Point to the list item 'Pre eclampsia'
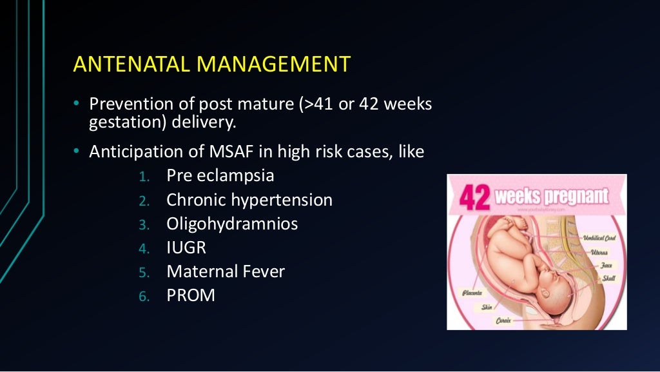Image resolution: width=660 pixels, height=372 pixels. [220, 175]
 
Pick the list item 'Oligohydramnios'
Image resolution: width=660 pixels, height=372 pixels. [232, 224]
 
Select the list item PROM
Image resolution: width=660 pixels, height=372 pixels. [191, 295]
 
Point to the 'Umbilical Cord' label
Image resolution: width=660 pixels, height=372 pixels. [599, 239]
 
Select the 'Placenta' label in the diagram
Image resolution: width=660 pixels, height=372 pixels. [472, 293]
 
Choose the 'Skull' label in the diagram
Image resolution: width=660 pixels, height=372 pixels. [608, 279]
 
